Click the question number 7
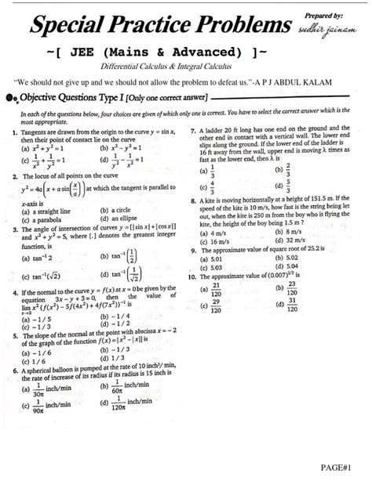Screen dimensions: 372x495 click(193, 131)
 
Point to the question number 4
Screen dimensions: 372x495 click(16, 291)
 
